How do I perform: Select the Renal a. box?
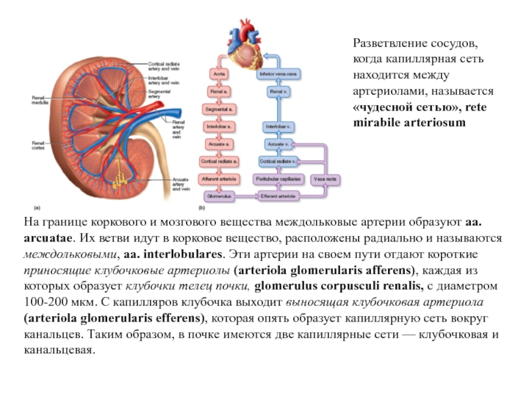point(220,91)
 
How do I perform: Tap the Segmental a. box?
point(220,109)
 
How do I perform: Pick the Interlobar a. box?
point(220,126)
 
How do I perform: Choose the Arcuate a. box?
point(220,143)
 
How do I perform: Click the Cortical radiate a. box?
point(220,161)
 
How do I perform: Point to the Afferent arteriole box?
point(220,179)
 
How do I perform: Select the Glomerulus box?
point(220,197)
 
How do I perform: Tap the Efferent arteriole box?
point(278,197)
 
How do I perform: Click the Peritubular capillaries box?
point(278,179)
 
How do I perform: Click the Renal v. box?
point(278,91)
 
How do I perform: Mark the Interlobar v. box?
point(278,126)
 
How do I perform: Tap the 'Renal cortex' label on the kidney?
point(40,144)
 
